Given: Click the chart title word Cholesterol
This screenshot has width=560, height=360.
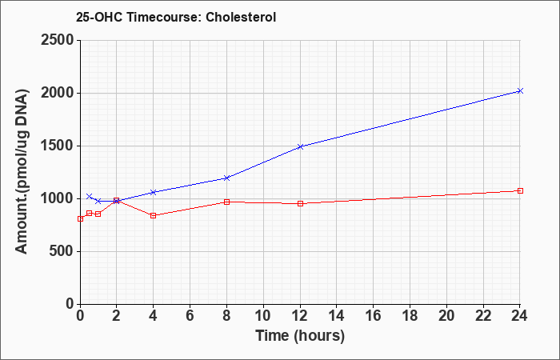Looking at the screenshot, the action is (x=241, y=17).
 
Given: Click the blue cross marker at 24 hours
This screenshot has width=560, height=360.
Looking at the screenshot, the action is (x=520, y=90).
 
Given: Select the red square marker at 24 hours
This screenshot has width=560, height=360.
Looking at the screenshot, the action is (x=520, y=190).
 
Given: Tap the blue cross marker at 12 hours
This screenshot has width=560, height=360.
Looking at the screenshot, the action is (x=300, y=146).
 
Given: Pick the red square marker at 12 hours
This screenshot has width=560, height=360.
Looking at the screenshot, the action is (x=300, y=203).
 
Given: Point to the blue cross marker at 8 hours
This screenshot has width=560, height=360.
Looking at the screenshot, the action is (x=226, y=178).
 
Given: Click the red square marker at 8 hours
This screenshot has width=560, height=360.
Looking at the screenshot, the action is (x=226, y=202).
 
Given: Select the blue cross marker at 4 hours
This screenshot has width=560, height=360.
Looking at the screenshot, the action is (x=154, y=192).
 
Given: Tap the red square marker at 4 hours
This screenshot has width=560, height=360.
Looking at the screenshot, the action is (x=154, y=215).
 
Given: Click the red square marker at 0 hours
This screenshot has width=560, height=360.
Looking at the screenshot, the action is (x=80, y=219).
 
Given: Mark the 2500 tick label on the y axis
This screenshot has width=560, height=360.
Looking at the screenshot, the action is (x=58, y=40).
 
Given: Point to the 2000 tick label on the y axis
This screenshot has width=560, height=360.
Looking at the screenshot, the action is (x=58, y=94).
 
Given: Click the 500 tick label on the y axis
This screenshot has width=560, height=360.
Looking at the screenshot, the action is (x=62, y=251).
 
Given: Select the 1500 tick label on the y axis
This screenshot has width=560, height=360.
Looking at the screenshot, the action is (x=58, y=146).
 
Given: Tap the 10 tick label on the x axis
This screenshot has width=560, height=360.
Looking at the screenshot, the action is (x=263, y=316).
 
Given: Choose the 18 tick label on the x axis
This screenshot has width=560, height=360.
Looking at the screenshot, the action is (x=410, y=316).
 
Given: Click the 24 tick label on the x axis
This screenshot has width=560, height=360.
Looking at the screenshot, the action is (x=519, y=316).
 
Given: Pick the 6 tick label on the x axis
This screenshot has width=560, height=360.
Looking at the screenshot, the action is (x=190, y=316).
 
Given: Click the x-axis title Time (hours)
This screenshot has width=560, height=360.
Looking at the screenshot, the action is (x=300, y=336).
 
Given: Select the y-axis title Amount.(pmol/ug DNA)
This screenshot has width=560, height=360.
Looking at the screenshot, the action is (x=22, y=172).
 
